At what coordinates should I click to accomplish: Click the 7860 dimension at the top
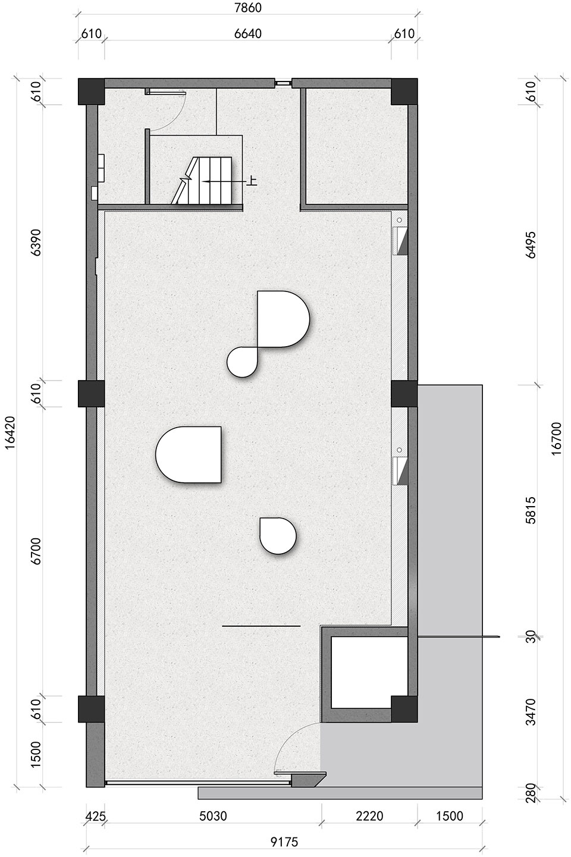(248, 8)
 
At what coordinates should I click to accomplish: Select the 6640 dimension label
(248, 34)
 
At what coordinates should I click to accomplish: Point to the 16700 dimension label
(557, 438)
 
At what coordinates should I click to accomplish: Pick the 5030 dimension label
(213, 816)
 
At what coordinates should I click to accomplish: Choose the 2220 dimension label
(370, 816)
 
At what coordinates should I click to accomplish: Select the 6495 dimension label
(531, 245)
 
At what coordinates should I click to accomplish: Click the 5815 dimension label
(531, 510)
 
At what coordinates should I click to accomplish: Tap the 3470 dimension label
(531, 712)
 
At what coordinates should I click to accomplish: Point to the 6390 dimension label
(36, 243)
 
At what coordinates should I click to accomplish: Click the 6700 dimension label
(36, 551)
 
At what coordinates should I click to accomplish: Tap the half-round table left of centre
(189, 454)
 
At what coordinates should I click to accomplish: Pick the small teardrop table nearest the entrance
(278, 536)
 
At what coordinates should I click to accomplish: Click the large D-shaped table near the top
(283, 319)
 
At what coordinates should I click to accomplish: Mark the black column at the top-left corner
(92, 92)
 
